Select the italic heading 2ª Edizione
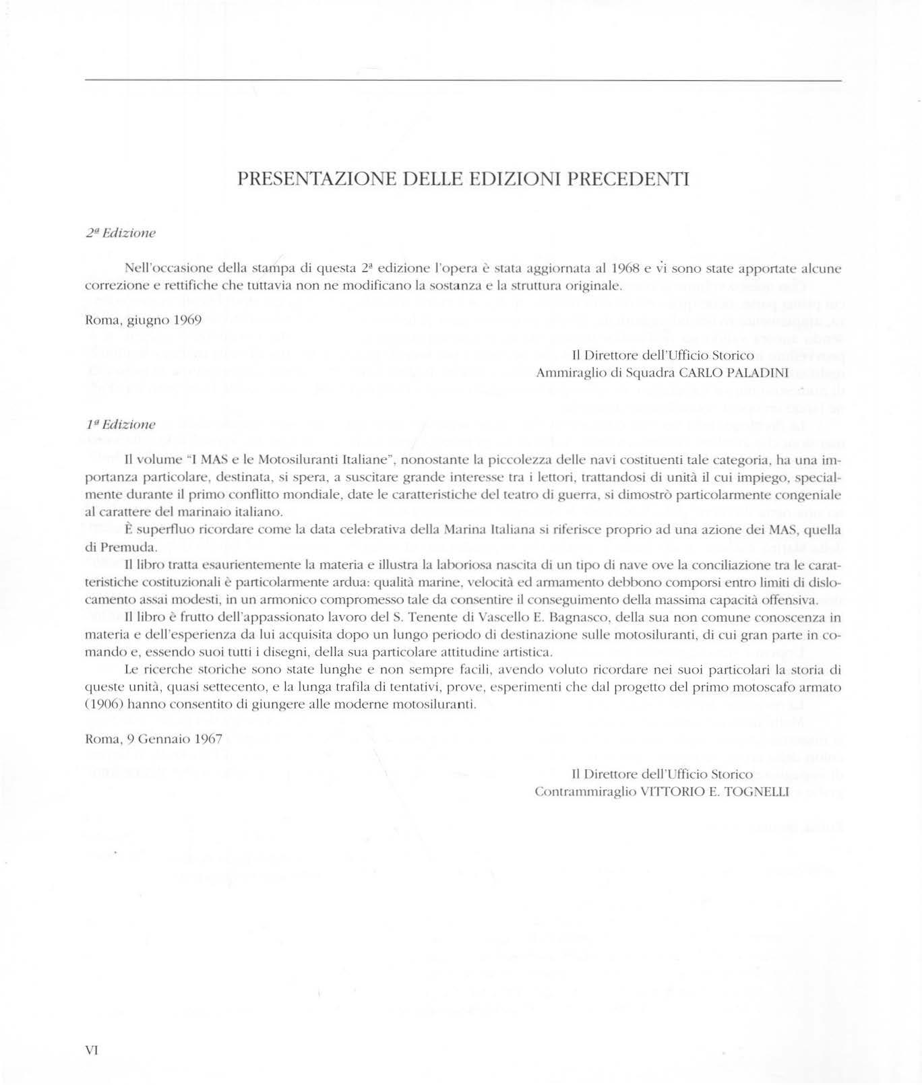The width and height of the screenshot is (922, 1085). tap(121, 233)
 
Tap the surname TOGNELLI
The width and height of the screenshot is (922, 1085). tap(756, 792)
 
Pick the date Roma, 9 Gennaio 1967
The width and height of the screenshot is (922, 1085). tap(154, 739)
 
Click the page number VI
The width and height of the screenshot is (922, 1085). tap(92, 1050)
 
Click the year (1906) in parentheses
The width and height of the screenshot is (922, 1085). tap(103, 705)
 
